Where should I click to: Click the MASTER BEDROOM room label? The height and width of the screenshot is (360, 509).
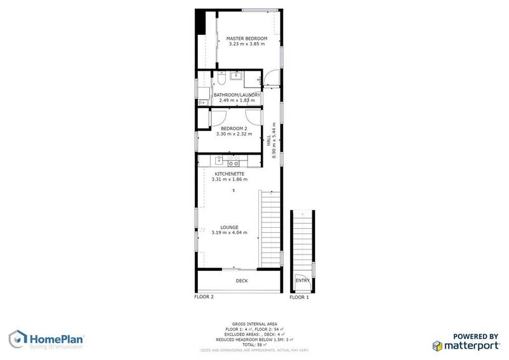(247, 39)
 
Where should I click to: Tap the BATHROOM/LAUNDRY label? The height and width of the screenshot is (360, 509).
(237, 95)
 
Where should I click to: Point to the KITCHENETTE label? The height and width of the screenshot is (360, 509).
(229, 174)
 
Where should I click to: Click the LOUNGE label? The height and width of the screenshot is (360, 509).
(229, 227)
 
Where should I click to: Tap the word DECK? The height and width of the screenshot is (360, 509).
(242, 280)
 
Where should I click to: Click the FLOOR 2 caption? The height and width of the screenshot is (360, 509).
(204, 297)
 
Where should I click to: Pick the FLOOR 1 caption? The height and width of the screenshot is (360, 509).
(299, 297)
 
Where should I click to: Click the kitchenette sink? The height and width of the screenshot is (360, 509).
(219, 160)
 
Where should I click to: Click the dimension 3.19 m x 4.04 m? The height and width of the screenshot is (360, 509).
(229, 233)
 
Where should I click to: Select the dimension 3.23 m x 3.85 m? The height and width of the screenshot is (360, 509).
(247, 45)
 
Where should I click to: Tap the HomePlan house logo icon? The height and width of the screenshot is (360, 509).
(17, 340)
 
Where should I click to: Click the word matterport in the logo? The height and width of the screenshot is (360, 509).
(471, 346)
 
